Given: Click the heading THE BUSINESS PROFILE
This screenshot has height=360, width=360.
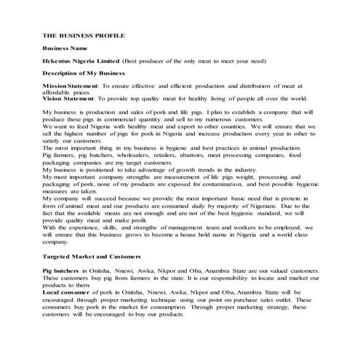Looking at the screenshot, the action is click(84, 34).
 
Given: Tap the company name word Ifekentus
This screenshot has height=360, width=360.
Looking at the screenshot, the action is click(58, 60).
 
